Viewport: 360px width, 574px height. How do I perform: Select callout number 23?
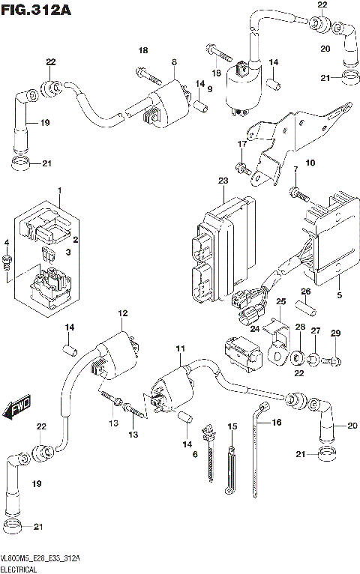223,181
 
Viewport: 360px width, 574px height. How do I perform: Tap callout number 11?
179,350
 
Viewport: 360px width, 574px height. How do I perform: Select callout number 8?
174,61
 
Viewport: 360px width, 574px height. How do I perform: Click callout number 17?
242,144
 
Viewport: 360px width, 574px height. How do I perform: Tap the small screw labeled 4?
7,262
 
